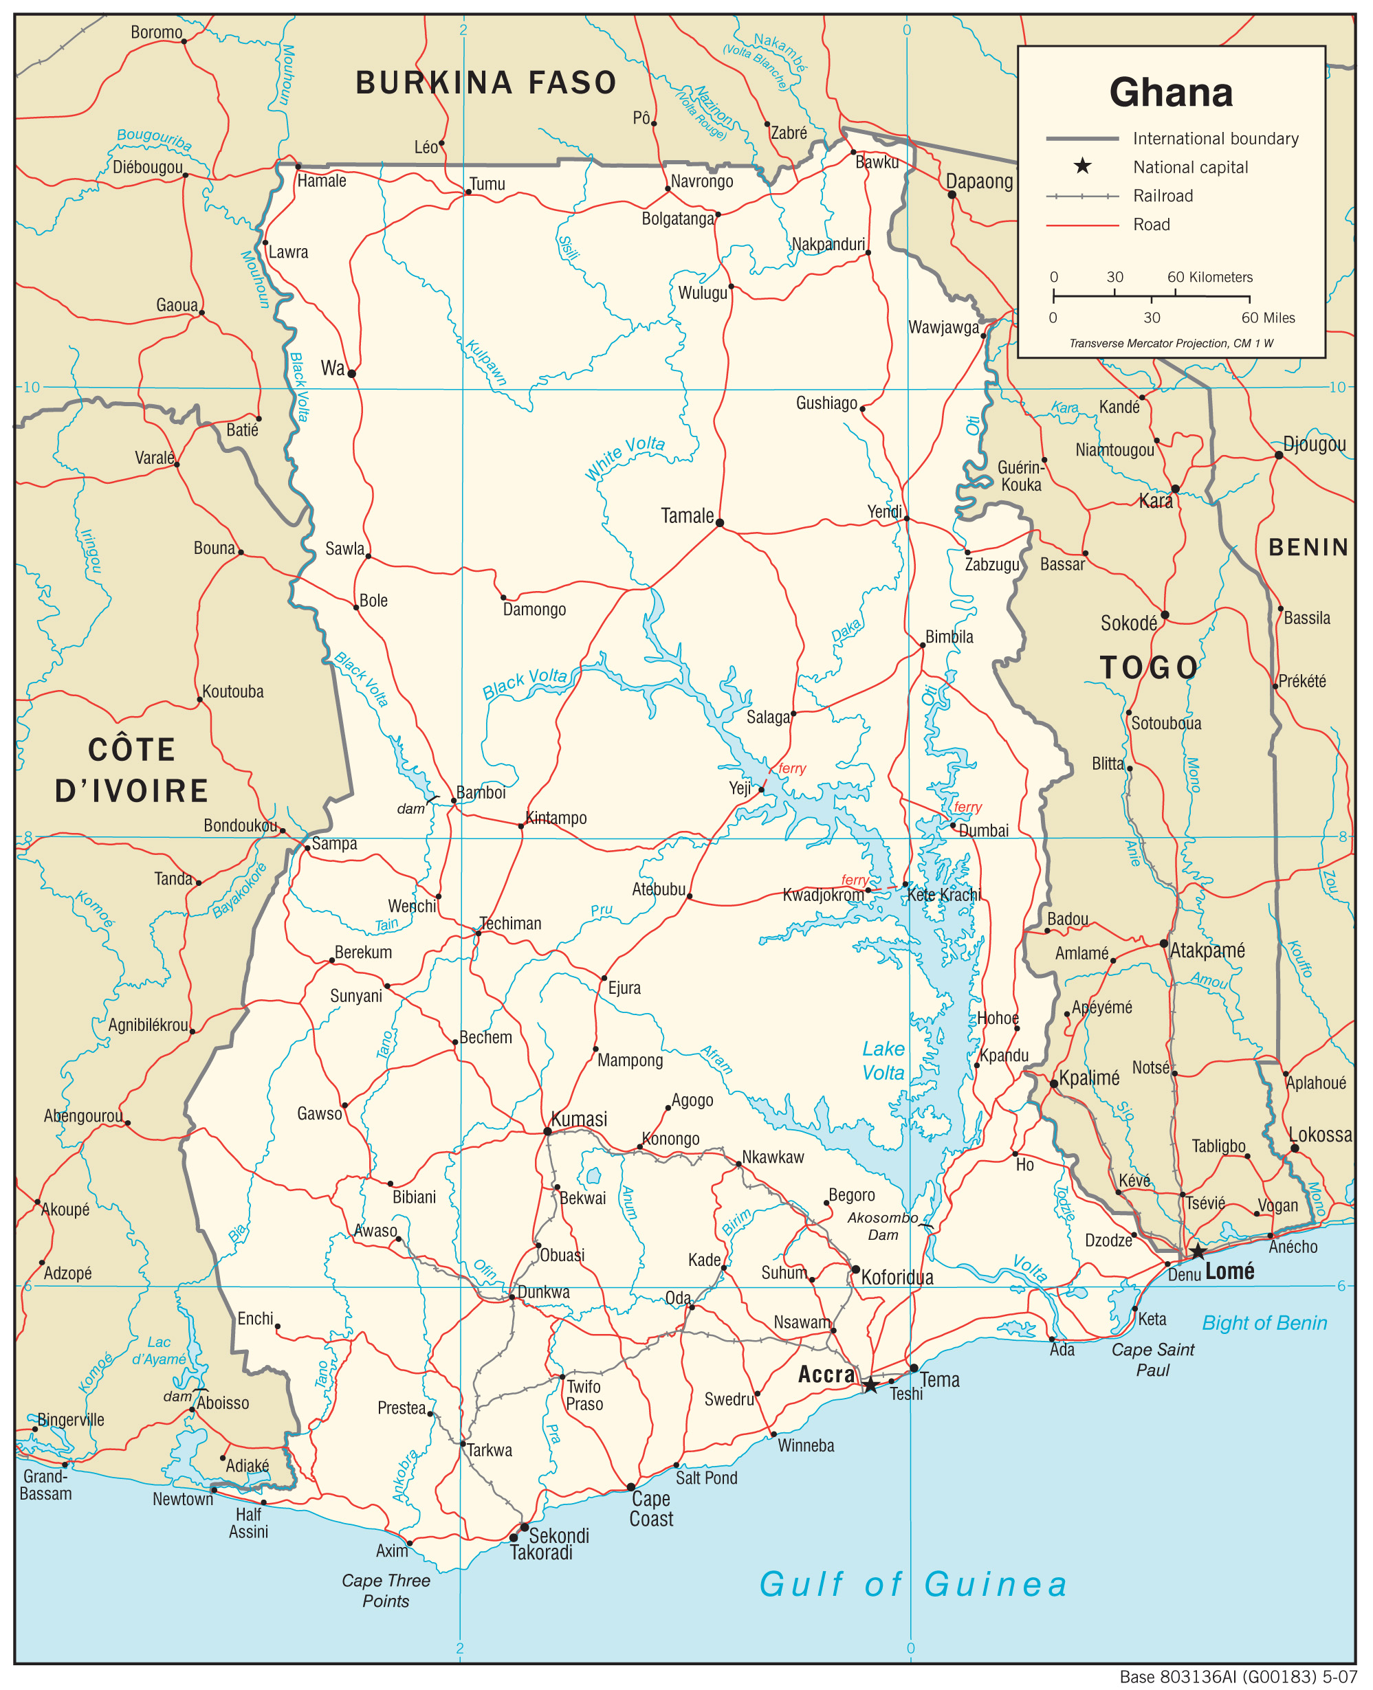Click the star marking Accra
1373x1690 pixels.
[x=870, y=1385]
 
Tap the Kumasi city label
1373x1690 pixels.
[x=579, y=1118]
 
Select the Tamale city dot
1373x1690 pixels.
[x=720, y=522]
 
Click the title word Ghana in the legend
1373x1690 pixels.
[x=1171, y=93]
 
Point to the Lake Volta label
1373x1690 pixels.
[x=883, y=1060]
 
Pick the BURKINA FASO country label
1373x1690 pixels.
[x=485, y=83]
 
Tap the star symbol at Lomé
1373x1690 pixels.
[x=1198, y=1252]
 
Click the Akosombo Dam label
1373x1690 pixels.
[x=883, y=1226]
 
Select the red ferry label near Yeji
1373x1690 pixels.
[x=791, y=768]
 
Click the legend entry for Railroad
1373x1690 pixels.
[x=1163, y=196]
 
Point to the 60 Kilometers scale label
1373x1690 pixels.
[x=1210, y=278]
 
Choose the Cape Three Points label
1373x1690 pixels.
[x=386, y=1590]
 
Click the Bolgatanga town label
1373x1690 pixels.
[x=677, y=219]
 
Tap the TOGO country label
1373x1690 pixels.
[x=1148, y=668]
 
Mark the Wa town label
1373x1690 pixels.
[x=332, y=368]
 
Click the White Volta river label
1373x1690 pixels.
[x=625, y=458]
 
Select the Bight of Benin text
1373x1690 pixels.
[x=1264, y=1323]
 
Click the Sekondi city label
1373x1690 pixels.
[x=558, y=1536]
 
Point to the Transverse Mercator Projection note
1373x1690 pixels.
[x=1171, y=343]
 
